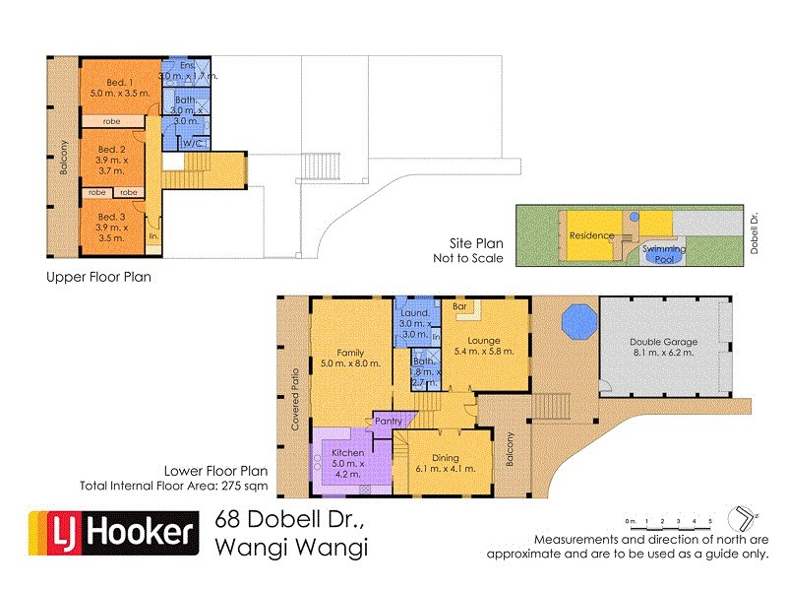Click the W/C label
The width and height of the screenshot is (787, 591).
tap(192, 144)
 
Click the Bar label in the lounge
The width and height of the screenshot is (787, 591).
tap(458, 306)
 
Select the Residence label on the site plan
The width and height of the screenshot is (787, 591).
tap(591, 235)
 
